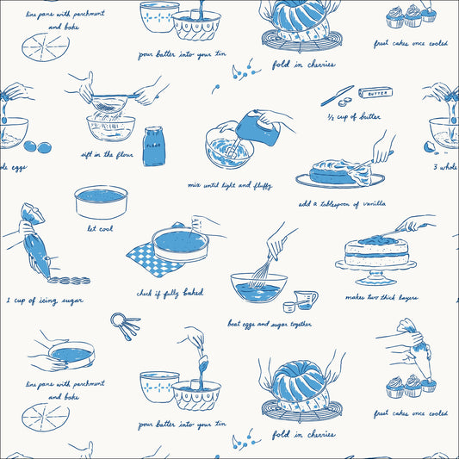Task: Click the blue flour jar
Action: (x=154, y=146)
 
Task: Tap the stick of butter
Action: (x=375, y=93)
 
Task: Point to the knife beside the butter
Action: (x=337, y=96)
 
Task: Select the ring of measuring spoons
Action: (x=125, y=326)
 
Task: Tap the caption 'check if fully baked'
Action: (x=171, y=293)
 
